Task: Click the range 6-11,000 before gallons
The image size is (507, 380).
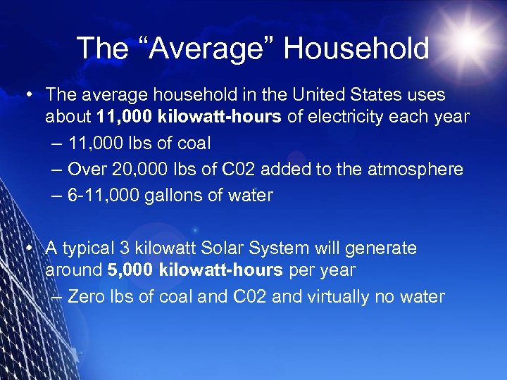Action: [x=104, y=195]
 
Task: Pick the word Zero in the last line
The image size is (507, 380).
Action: [x=85, y=296]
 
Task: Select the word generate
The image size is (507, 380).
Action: [x=385, y=248]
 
